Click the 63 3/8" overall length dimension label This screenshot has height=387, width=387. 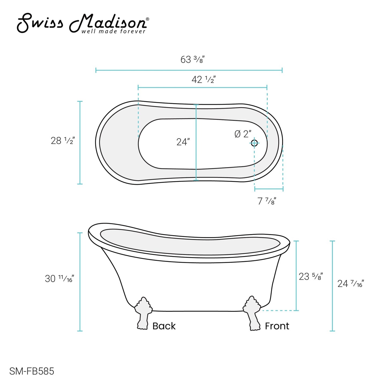(192, 60)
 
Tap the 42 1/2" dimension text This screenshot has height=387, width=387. (204, 80)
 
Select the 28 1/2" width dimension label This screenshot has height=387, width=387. (63, 141)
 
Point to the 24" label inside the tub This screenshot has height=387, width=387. (183, 142)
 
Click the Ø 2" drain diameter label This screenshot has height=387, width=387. (243, 134)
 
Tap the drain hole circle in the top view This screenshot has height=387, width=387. (254, 143)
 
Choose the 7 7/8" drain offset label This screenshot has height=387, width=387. (267, 201)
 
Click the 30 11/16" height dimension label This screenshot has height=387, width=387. (60, 279)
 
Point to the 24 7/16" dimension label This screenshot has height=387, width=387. (351, 284)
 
